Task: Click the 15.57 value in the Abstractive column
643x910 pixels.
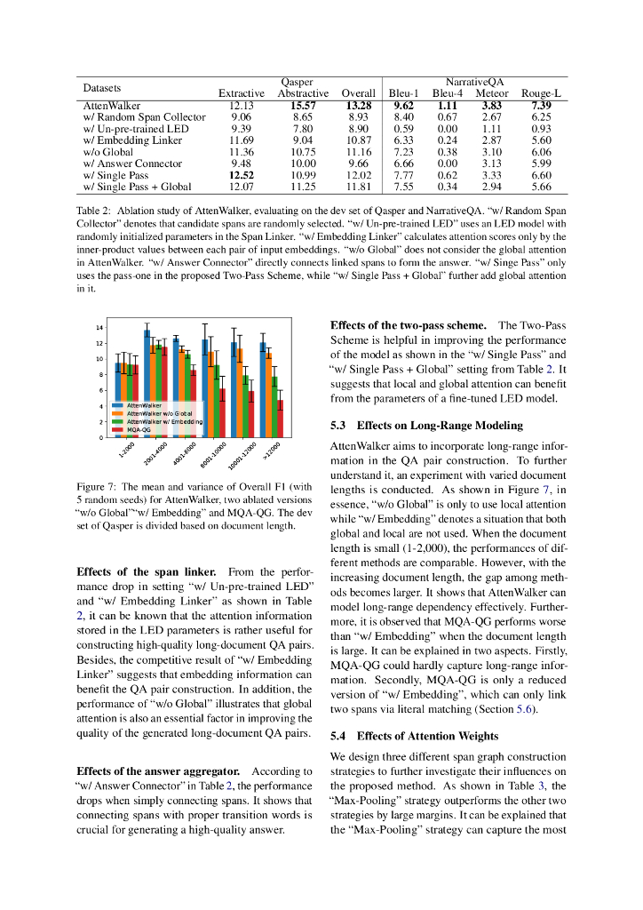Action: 303,106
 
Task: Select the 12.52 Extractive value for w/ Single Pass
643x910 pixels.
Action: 242,176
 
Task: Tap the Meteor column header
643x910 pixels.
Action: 492,93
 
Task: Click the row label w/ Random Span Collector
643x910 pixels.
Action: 144,117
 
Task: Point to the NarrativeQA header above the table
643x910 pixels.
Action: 474,81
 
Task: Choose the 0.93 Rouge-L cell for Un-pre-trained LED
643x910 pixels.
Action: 541,129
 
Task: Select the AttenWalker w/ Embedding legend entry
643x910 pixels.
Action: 164,421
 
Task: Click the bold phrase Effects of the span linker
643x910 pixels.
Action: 140,571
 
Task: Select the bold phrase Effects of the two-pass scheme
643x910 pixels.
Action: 408,325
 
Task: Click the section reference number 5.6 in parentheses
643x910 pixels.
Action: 528,709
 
